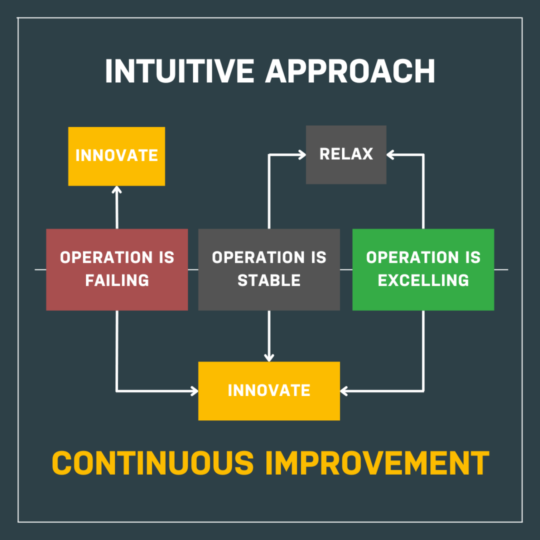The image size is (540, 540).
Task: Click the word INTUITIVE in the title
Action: click(x=179, y=71)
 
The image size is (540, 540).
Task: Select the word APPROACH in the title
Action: click(x=350, y=71)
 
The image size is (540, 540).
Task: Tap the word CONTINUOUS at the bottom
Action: click(x=152, y=463)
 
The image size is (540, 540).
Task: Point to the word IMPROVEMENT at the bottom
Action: click(x=377, y=463)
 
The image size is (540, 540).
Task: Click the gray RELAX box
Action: click(x=346, y=155)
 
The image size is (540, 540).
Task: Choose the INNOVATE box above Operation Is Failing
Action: click(x=117, y=156)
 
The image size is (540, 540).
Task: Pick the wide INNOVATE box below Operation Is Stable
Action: click(x=269, y=391)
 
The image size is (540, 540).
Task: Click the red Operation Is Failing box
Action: click(x=117, y=269)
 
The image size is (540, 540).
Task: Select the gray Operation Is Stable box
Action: click(x=269, y=269)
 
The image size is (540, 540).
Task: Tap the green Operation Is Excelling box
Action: click(x=423, y=269)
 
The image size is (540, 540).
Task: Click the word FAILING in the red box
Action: click(x=117, y=281)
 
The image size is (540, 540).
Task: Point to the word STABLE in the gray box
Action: click(x=269, y=281)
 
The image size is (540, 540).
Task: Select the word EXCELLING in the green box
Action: click(x=423, y=281)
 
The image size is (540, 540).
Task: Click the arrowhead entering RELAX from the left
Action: click(x=302, y=155)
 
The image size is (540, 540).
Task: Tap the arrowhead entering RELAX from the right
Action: click(x=390, y=155)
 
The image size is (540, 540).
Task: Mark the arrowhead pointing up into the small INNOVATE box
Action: click(x=117, y=190)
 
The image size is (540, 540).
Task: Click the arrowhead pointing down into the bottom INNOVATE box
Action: click(x=269, y=358)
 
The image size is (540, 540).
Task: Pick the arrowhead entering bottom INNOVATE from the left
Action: click(x=195, y=391)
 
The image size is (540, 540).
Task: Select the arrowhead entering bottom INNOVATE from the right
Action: click(x=344, y=391)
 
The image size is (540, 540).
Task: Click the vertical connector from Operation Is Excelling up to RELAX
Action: click(x=423, y=191)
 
